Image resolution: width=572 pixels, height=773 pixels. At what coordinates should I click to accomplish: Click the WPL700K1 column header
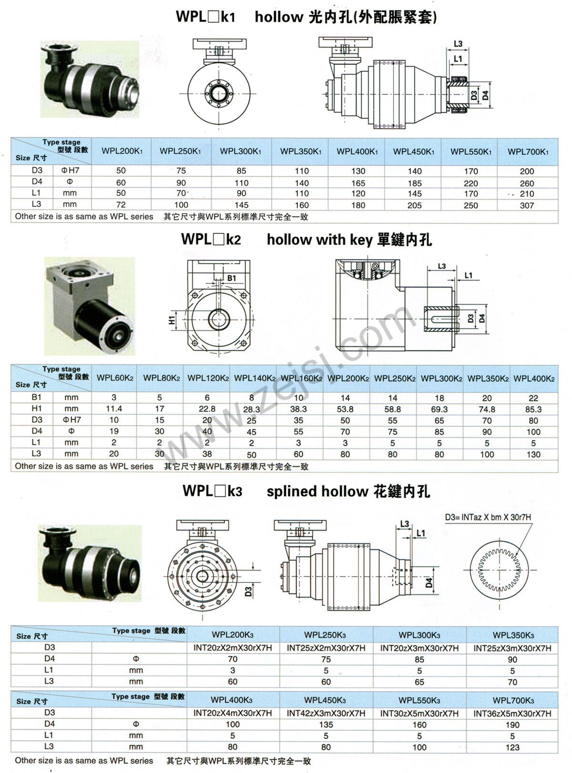[528, 151]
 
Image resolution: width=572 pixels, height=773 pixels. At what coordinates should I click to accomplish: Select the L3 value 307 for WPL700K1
[527, 205]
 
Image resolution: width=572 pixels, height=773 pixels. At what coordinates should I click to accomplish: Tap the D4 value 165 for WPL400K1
[358, 183]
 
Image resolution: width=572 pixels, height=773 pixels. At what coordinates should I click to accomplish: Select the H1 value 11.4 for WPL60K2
[113, 409]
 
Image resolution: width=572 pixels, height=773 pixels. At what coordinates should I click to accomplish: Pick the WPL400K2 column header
[533, 378]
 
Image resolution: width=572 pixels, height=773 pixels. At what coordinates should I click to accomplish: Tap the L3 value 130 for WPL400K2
[533, 454]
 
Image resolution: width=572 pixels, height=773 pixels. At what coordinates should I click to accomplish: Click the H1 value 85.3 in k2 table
[533, 409]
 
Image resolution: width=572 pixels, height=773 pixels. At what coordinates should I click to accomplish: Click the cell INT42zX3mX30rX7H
[326, 713]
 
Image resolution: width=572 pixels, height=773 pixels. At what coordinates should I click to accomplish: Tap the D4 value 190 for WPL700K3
[512, 725]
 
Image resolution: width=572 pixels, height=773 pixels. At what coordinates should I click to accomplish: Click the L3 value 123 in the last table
[512, 747]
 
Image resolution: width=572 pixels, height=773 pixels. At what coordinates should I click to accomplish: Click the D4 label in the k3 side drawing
[429, 582]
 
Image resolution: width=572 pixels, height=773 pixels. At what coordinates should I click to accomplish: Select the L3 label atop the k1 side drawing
[458, 44]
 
